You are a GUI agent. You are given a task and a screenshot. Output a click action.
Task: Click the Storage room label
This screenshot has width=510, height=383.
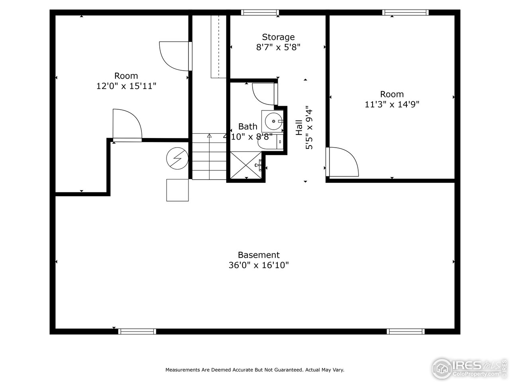click(278, 37)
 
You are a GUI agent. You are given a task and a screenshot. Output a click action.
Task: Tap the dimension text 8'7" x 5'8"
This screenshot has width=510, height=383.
click(278, 47)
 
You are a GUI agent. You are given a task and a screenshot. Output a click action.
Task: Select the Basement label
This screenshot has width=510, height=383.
click(259, 255)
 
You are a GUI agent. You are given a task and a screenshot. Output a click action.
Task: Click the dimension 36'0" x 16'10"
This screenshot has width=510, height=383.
click(259, 265)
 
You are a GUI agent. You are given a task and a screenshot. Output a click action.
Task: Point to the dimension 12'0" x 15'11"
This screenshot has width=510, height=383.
click(126, 86)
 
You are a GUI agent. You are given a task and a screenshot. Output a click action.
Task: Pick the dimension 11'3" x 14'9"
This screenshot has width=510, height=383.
click(392, 104)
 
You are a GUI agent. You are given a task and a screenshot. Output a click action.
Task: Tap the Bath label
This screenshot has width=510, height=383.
click(247, 126)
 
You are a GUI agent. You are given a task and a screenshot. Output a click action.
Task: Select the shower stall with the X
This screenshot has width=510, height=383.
click(246, 165)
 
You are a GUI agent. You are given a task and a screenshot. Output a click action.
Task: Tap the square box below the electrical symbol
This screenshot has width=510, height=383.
click(177, 190)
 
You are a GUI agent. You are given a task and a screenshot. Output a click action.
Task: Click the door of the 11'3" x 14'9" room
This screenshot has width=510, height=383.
click(343, 162)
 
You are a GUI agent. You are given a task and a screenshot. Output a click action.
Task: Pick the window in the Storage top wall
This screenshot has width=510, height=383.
click(260, 12)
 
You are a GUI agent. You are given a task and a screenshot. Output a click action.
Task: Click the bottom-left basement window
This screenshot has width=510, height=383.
click(137, 331)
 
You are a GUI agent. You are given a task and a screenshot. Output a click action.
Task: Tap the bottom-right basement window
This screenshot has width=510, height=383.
click(406, 331)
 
